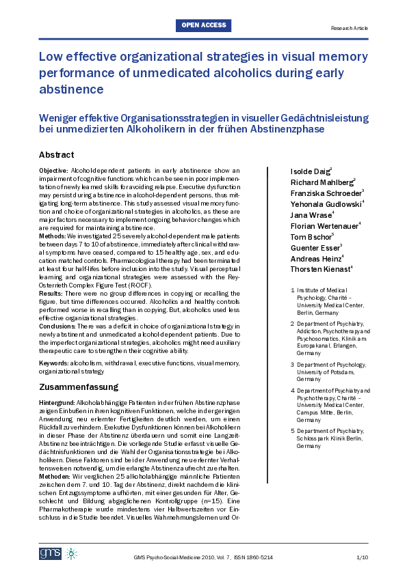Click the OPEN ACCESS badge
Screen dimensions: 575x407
[203, 25]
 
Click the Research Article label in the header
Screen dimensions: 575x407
[349, 29]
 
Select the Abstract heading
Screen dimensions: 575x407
[56, 155]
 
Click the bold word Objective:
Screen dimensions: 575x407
[53, 169]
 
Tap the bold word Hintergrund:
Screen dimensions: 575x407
[58, 402]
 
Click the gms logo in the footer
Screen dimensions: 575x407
[49, 552]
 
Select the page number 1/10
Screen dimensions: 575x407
[362, 558]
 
